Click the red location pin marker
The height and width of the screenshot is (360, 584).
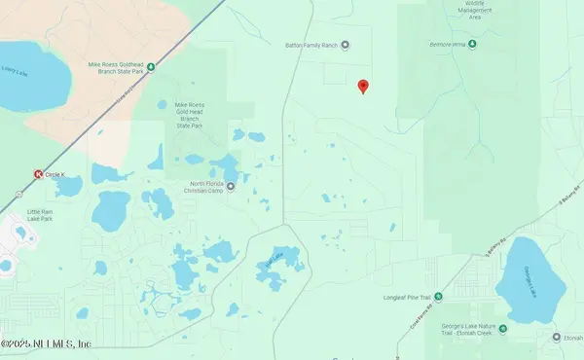363,87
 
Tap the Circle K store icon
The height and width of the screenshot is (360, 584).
38,174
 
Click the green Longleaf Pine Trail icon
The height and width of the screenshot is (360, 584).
437,296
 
